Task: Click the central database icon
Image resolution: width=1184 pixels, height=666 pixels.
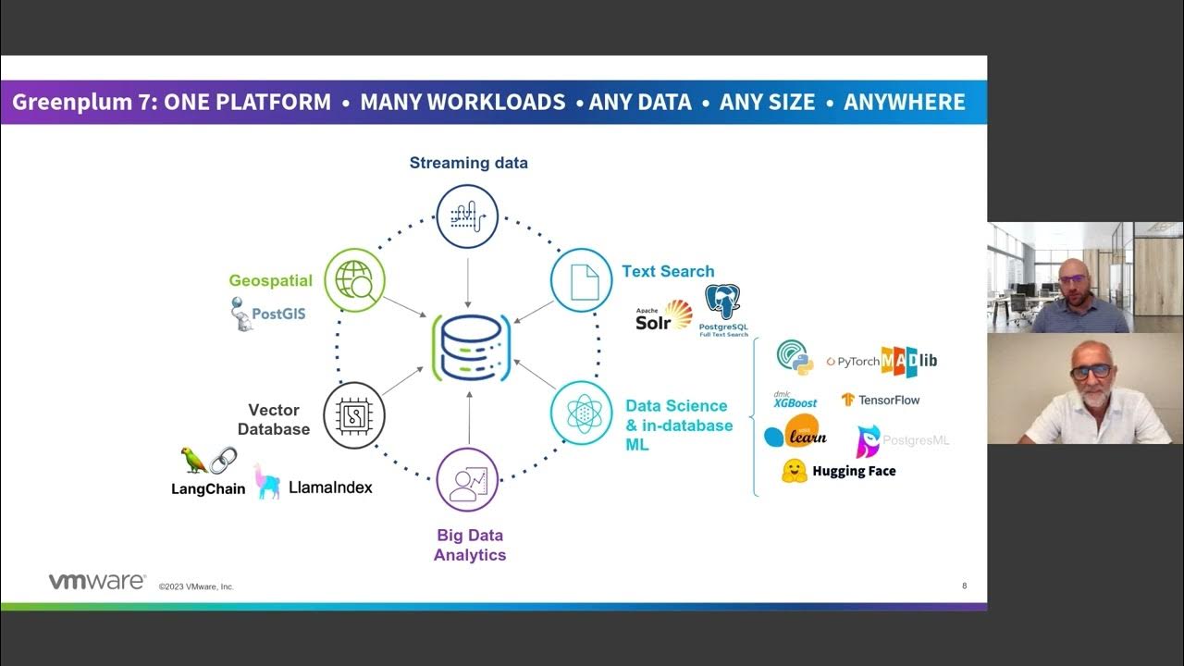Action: coord(470,348)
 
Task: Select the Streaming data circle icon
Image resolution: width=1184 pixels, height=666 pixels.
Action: coord(467,216)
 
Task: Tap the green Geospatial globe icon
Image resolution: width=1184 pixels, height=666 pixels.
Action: coord(354,279)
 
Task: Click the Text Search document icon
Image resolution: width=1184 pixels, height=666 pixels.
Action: coord(582,280)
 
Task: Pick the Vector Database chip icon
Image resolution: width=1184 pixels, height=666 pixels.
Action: coord(354,415)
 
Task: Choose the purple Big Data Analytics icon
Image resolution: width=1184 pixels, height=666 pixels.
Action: coord(467,479)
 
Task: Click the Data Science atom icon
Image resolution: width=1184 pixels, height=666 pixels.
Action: coord(582,413)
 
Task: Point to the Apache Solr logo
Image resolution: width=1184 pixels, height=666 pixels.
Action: coord(663,316)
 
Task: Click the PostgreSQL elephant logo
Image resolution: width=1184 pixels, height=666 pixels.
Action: coord(722,302)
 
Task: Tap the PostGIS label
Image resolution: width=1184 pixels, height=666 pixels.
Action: coord(277,314)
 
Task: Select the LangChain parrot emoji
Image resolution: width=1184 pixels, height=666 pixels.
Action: coord(193,460)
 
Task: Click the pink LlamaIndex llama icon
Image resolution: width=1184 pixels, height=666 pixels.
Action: coord(267,482)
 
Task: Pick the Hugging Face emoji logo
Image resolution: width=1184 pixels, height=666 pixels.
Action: coord(794,471)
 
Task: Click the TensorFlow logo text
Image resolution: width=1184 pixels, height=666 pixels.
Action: coord(888,401)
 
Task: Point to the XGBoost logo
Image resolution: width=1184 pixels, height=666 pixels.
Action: coord(795,400)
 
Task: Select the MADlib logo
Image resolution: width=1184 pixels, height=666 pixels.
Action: coord(908,361)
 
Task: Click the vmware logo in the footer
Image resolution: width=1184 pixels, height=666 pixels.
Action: coord(97,582)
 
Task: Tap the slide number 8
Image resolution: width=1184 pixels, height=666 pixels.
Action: coord(964,586)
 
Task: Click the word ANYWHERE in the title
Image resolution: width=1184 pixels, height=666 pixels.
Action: coord(904,103)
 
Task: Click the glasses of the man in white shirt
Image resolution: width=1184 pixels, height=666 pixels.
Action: coord(1091,372)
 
